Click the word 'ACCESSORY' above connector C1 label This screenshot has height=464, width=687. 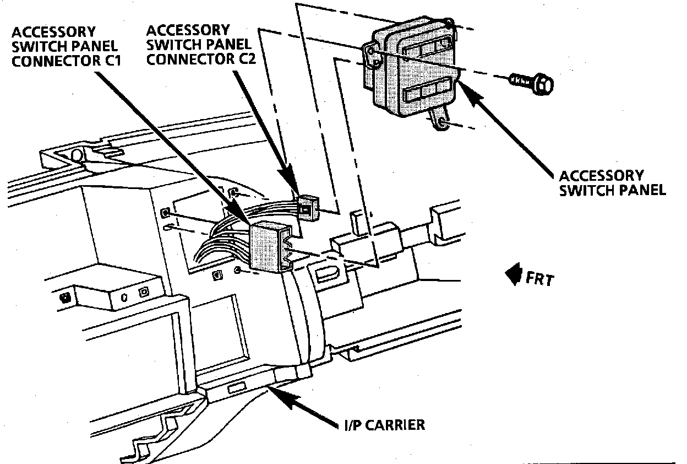53,32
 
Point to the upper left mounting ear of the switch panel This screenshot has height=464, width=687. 372,56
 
